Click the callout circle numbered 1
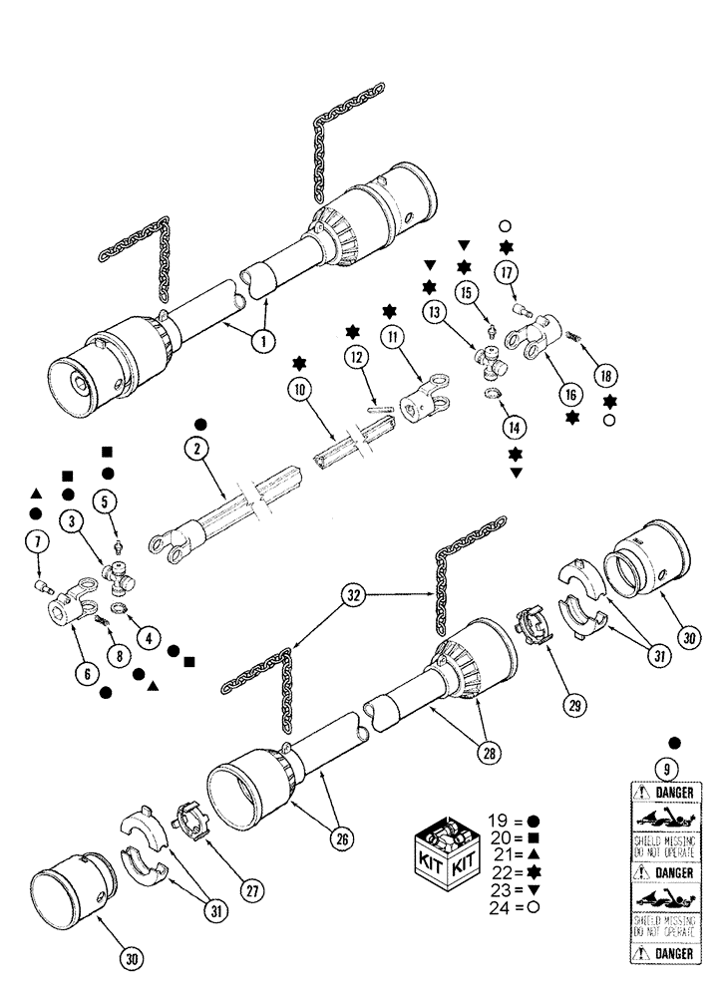[262, 341]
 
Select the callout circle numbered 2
[199, 450]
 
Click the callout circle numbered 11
[394, 338]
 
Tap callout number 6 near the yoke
[87, 674]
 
